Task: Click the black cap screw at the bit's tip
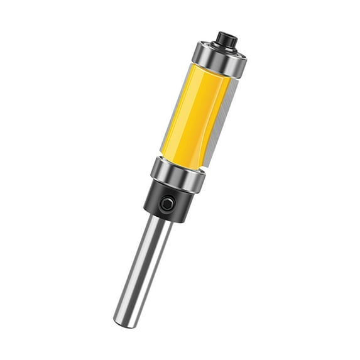pyautogui.click(x=225, y=40)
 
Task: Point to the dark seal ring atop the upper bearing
pyautogui.click(x=221, y=48)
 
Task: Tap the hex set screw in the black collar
pyautogui.click(x=166, y=204)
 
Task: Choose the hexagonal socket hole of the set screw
pyautogui.click(x=166, y=204)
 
